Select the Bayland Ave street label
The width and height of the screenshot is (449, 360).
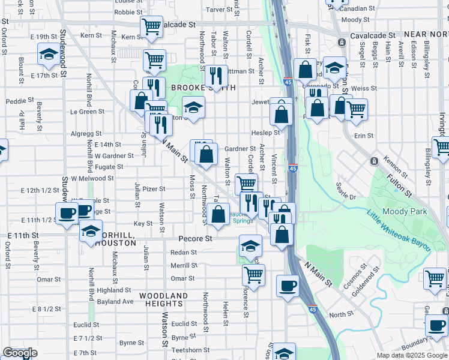pyautogui.click(x=115, y=301)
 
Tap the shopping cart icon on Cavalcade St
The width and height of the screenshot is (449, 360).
pyautogui.click(x=151, y=26)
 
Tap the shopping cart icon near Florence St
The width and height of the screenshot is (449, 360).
pyautogui.click(x=253, y=275)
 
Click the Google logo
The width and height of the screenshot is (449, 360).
pyautogui.click(x=20, y=353)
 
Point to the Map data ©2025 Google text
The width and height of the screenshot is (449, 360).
pyautogui.click(x=412, y=355)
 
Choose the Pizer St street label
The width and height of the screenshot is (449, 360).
pyautogui.click(x=154, y=188)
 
